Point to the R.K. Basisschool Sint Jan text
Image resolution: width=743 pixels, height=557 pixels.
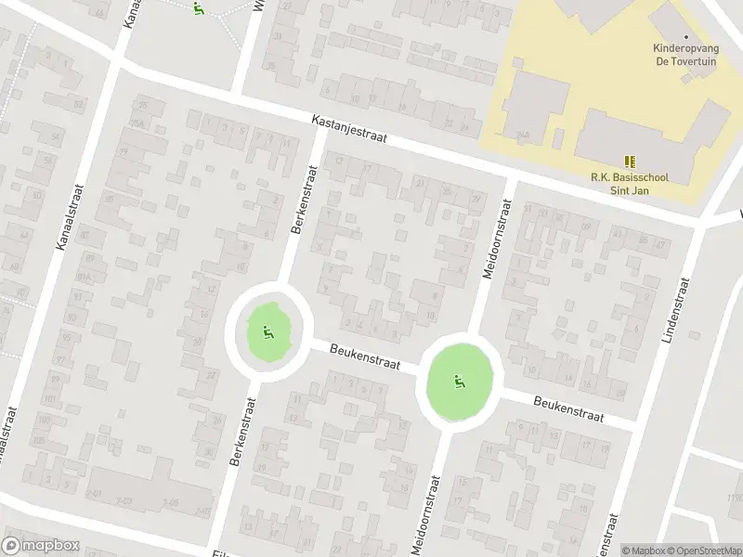630,184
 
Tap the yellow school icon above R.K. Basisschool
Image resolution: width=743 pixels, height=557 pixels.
630,162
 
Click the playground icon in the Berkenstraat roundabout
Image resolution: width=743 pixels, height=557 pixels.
267,331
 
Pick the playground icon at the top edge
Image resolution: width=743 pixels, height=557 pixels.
198,8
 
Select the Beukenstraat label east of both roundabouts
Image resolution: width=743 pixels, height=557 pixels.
568,408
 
